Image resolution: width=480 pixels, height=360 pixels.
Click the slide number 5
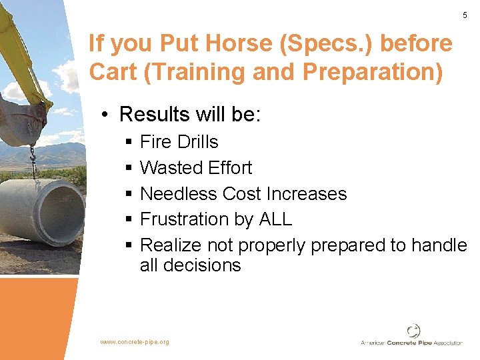click(465, 15)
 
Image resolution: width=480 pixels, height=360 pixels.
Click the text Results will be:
click(190, 114)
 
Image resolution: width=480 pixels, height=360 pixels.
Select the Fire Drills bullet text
click(179, 142)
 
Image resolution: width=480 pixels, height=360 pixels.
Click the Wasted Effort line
click(196, 167)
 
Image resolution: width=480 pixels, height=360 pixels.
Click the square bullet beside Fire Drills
click(127, 143)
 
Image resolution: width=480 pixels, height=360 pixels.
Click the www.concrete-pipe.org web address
click(135, 342)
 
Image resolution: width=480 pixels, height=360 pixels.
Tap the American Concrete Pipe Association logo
click(412, 336)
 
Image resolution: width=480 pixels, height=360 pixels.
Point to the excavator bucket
click(23, 120)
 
